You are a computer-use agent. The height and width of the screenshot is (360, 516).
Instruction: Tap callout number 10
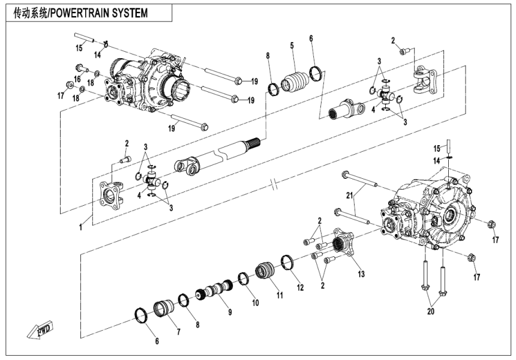coord(255,303)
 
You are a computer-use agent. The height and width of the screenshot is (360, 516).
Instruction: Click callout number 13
coord(361,274)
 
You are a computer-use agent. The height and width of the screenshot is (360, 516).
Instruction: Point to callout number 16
coord(77,79)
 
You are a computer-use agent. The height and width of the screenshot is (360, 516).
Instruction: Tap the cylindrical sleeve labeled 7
coord(161,311)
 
